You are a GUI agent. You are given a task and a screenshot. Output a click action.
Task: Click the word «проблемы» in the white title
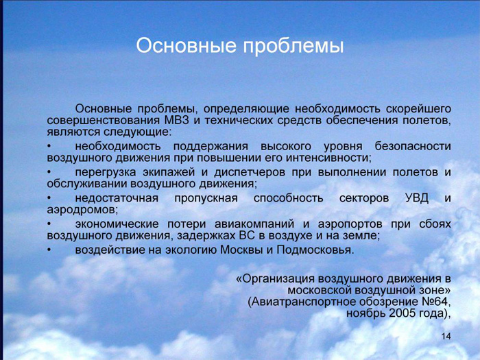(293, 47)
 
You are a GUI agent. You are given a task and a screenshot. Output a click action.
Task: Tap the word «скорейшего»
(418, 109)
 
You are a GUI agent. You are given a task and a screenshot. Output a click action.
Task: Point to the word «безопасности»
(413, 146)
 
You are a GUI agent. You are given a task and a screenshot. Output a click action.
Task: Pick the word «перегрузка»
(106, 172)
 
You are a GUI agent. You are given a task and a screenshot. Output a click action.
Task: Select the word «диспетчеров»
(250, 172)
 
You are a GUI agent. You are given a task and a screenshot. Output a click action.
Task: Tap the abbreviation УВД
(417, 198)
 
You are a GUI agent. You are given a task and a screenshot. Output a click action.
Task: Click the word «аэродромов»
(82, 210)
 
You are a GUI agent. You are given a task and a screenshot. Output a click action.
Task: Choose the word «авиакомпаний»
(254, 224)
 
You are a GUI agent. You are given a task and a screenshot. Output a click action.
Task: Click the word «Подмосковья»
(315, 250)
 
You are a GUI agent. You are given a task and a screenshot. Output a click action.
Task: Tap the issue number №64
(437, 302)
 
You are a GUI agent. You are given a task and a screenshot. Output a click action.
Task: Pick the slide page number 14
(446, 337)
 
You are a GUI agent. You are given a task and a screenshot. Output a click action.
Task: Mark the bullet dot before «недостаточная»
(49, 199)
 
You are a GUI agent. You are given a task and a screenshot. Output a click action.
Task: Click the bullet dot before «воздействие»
(49, 250)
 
